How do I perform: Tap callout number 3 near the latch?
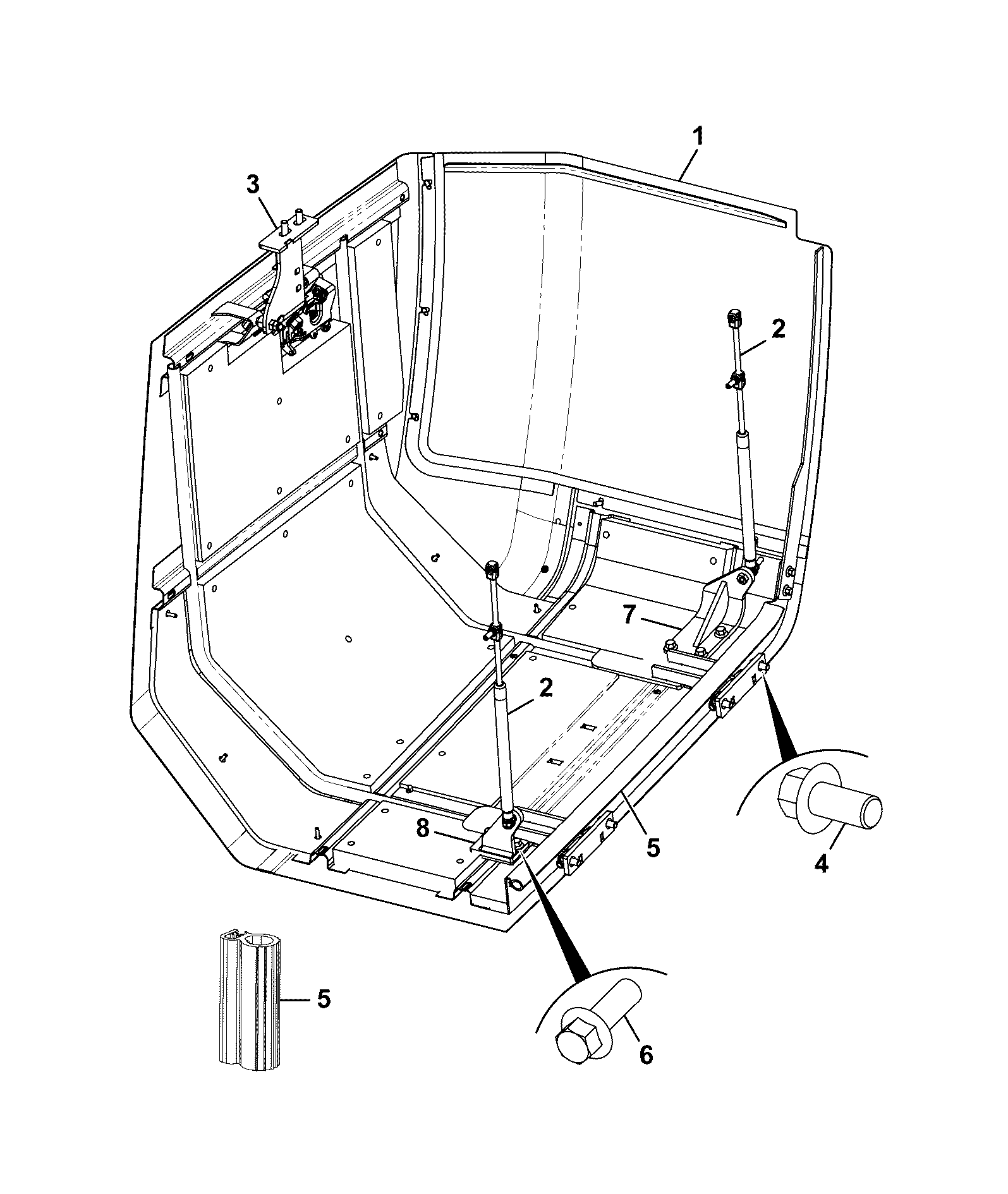pos(252,185)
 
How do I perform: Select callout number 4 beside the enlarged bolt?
pos(821,863)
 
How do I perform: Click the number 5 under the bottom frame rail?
pos(653,847)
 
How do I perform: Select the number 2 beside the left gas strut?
pos(545,688)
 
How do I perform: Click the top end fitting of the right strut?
pos(734,318)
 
